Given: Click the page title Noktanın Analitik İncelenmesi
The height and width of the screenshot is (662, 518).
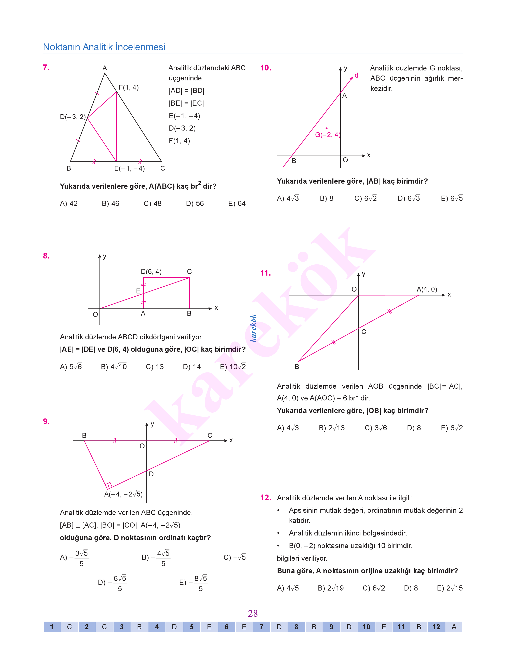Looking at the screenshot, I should (104, 47).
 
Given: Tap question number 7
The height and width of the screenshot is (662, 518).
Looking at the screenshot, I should (47, 68).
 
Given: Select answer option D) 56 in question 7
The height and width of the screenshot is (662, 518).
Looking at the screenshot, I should (195, 203).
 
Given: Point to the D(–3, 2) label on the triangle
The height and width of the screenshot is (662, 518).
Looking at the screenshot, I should (73, 117).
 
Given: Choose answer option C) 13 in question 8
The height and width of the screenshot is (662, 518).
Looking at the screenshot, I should (155, 367).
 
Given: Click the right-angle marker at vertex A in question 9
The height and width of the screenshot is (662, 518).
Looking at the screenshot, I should (108, 486).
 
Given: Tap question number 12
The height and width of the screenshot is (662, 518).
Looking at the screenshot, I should (265, 498).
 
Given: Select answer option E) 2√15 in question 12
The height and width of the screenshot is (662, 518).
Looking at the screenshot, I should (449, 588).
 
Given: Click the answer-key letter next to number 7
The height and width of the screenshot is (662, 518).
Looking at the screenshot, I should (279, 627).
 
